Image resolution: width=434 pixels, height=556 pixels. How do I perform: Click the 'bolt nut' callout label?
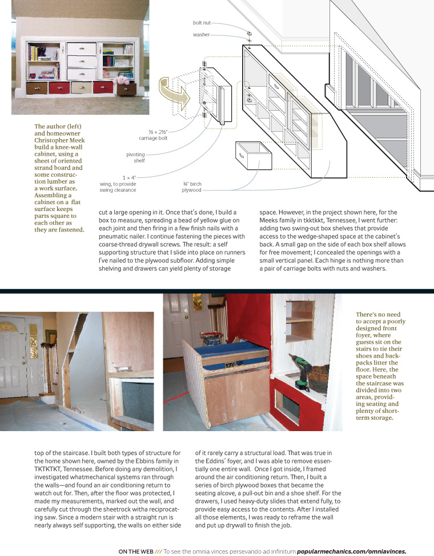point(202,23)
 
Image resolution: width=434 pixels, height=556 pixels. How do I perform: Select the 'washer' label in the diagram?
point(202,35)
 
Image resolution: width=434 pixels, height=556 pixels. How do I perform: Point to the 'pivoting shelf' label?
point(135,157)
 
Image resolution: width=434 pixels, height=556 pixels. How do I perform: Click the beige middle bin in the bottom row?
point(81,87)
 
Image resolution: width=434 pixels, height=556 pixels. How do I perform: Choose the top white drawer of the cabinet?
point(82,48)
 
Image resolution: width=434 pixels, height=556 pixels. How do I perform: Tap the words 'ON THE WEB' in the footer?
point(138,551)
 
